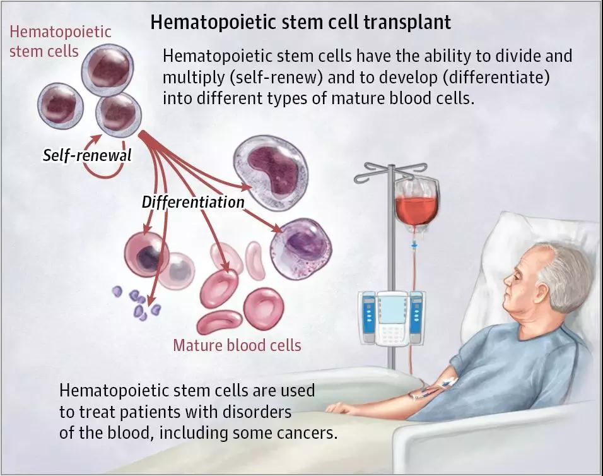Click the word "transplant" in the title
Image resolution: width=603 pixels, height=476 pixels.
click(x=407, y=22)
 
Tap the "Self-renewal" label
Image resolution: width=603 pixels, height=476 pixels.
click(x=87, y=155)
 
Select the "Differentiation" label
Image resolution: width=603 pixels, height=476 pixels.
click(x=193, y=201)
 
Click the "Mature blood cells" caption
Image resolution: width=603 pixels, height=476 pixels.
click(x=237, y=345)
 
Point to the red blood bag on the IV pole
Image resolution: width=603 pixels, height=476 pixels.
click(x=417, y=204)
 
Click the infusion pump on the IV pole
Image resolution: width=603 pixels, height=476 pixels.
click(x=390, y=318)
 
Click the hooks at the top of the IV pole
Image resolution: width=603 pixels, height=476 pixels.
click(x=390, y=171)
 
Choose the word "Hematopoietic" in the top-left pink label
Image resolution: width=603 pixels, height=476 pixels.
click(x=61, y=32)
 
